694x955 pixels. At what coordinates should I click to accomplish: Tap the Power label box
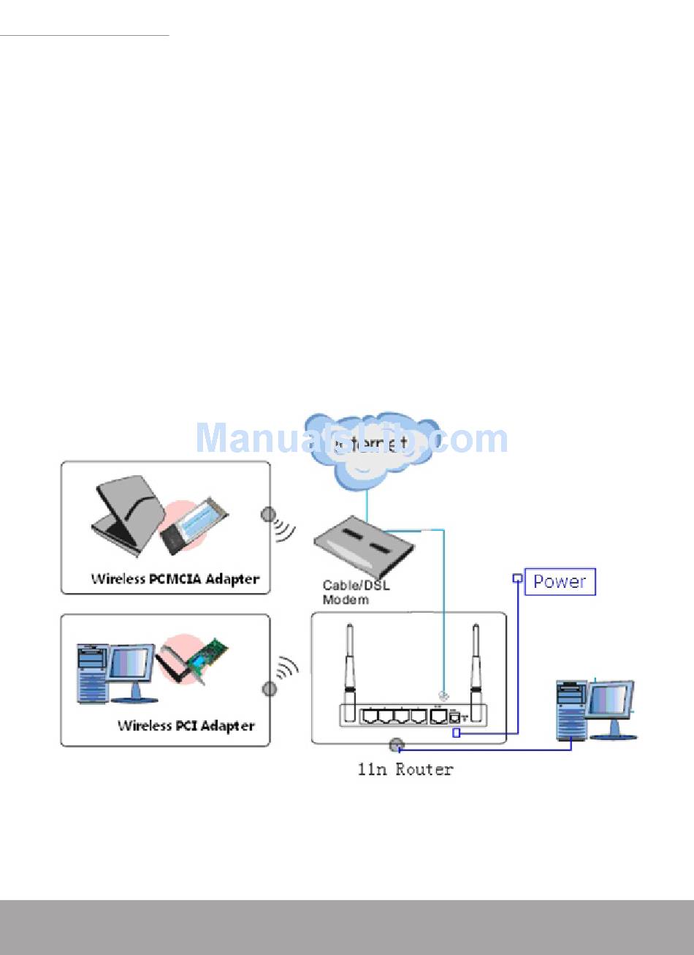click(560, 582)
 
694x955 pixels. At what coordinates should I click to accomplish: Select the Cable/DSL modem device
click(363, 545)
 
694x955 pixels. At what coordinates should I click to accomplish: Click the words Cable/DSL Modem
click(350, 592)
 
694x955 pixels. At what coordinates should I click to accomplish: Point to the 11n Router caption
click(405, 769)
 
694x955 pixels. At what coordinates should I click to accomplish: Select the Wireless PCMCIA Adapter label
click(175, 579)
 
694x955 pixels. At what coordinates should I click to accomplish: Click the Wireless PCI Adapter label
click(186, 726)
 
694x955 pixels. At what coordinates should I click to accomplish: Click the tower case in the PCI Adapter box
click(92, 673)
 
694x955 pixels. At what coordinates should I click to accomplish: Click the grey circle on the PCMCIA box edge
click(269, 515)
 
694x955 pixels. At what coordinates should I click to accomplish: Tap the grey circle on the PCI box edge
click(270, 688)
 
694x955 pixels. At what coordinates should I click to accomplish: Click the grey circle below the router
click(396, 746)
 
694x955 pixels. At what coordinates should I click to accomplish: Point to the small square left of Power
click(517, 578)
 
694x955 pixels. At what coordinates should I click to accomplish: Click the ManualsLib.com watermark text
click(351, 439)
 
